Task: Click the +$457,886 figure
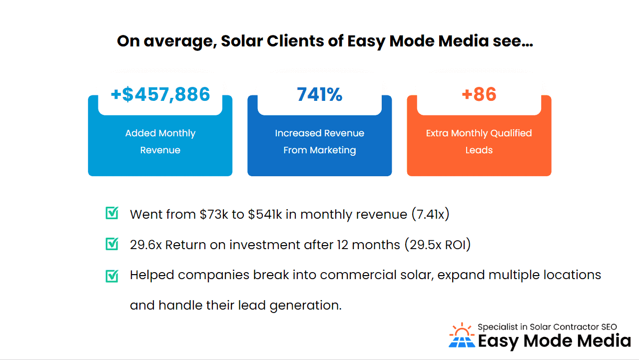pyautogui.click(x=160, y=94)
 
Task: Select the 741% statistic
pyautogui.click(x=319, y=94)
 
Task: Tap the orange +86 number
pyautogui.click(x=479, y=94)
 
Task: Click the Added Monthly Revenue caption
pyautogui.click(x=160, y=141)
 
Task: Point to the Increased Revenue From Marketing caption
pyautogui.click(x=319, y=141)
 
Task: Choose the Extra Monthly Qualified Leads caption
pyautogui.click(x=479, y=141)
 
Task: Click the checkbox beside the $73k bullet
pyautogui.click(x=112, y=214)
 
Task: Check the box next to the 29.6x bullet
pyautogui.click(x=112, y=244)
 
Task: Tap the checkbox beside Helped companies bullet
pyautogui.click(x=112, y=276)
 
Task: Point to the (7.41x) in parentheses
pyautogui.click(x=430, y=215)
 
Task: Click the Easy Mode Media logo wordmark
pyautogui.click(x=554, y=342)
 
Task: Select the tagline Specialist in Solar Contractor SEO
pyautogui.click(x=547, y=327)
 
